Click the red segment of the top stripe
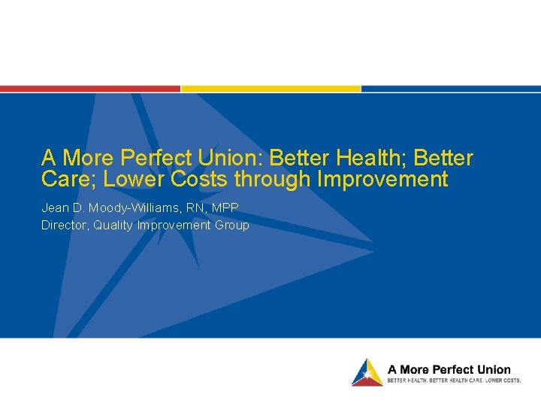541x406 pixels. [x=90, y=88]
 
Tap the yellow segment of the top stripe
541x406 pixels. [x=270, y=88]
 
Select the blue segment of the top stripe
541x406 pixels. [x=451, y=88]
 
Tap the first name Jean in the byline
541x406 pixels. [x=55, y=208]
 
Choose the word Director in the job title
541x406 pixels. [x=65, y=225]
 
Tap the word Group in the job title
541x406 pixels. [x=231, y=225]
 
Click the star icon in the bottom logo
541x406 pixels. [x=366, y=372]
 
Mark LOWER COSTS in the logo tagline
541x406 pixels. [x=503, y=380]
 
